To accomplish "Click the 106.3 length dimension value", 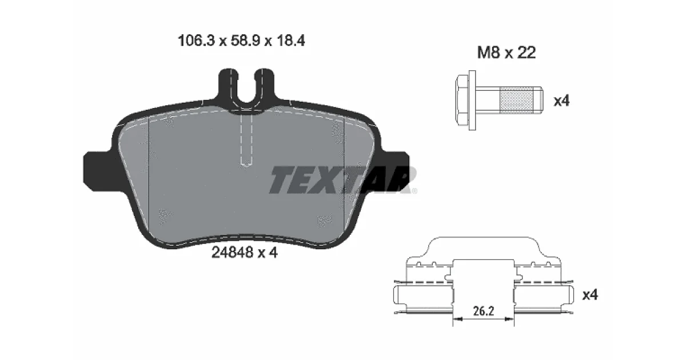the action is (x=196, y=41).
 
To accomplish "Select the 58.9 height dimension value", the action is (x=245, y=41).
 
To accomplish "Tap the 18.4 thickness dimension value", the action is (x=290, y=41).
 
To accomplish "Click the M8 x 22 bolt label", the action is (x=506, y=53).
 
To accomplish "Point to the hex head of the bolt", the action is (x=462, y=101).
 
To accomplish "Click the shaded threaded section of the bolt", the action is (x=516, y=101).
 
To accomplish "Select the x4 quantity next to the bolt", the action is (x=561, y=101).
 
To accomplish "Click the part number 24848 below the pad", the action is (x=233, y=253).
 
